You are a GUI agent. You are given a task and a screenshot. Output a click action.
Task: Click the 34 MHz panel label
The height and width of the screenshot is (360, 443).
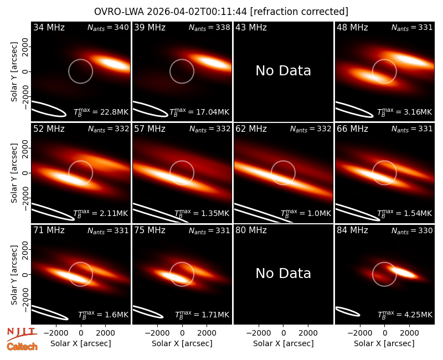click(49, 27)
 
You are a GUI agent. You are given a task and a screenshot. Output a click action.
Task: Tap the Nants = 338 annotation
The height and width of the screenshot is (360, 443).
click(209, 27)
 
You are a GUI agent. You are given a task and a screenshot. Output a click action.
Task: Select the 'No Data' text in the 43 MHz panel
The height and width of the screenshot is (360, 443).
click(283, 71)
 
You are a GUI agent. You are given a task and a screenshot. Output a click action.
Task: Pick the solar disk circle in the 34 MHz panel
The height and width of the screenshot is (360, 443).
click(80, 60)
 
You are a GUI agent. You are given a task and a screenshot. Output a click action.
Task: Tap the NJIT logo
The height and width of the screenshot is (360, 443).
click(22, 334)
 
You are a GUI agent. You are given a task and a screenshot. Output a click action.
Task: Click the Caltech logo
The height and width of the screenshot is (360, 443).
click(22, 347)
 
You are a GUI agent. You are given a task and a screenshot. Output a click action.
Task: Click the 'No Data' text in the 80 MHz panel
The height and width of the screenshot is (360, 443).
click(283, 273)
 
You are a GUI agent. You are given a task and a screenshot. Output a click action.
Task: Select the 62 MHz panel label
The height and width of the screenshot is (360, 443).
click(251, 129)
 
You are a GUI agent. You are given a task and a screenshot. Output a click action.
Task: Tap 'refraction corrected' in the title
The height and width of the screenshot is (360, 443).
click(299, 12)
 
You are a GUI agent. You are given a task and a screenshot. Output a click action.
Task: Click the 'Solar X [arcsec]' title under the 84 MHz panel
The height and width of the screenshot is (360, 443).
click(384, 343)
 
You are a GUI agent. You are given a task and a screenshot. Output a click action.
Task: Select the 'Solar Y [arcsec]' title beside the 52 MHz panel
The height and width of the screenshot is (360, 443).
click(14, 173)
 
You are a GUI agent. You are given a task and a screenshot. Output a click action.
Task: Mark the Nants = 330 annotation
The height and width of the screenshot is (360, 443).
click(412, 230)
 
